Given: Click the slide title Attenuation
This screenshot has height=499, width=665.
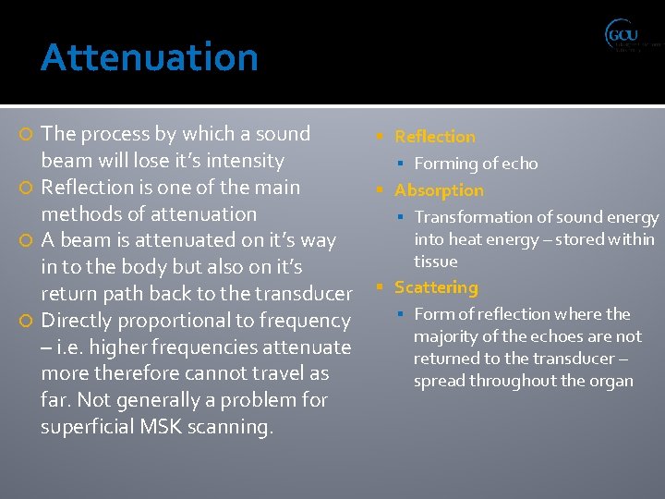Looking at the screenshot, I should coord(149,57).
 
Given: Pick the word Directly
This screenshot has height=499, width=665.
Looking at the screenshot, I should coord(80,321).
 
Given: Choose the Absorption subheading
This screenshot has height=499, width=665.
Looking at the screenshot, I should coord(439,190).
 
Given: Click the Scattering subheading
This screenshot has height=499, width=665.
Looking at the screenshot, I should coord(436,287).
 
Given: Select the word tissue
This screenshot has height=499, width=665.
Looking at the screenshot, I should coord(436,262).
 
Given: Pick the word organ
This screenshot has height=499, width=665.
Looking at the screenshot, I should coord(611,381).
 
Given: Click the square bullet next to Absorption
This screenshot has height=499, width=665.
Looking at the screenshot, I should coord(381,190).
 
